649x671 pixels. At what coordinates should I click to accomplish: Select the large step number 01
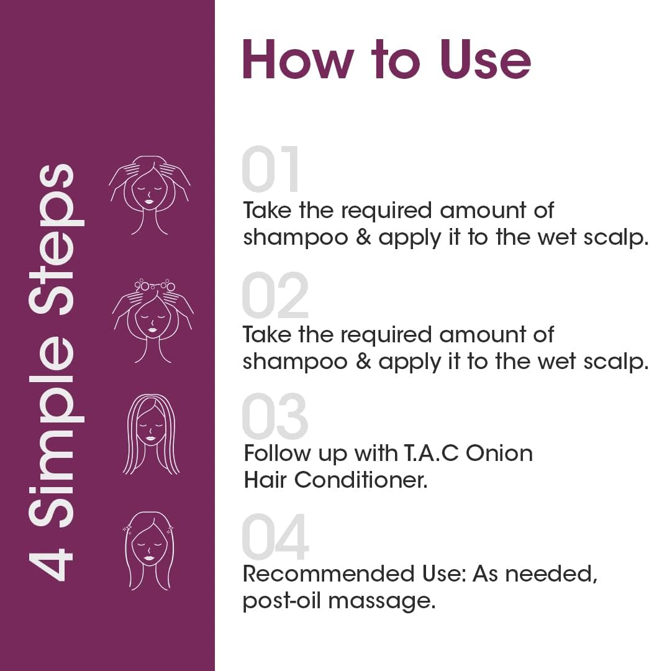click(271, 170)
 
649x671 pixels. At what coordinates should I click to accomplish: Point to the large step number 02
click(275, 296)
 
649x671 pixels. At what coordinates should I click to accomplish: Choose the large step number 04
click(275, 537)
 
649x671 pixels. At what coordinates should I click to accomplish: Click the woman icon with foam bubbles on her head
click(152, 321)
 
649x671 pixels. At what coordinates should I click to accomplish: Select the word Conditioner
click(361, 480)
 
